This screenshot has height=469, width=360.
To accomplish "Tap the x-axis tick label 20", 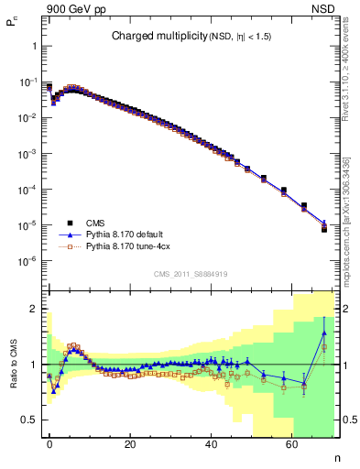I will click(x=130, y=443).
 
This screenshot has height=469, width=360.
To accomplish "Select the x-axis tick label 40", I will click(x=211, y=443).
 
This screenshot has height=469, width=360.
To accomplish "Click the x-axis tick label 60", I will click(x=291, y=443).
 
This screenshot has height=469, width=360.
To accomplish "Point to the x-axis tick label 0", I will click(x=49, y=443).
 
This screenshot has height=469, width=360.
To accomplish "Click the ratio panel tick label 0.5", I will click(x=29, y=420).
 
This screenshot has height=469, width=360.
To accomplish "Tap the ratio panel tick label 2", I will click(x=34, y=309).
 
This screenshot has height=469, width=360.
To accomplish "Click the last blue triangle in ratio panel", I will click(x=323, y=333).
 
